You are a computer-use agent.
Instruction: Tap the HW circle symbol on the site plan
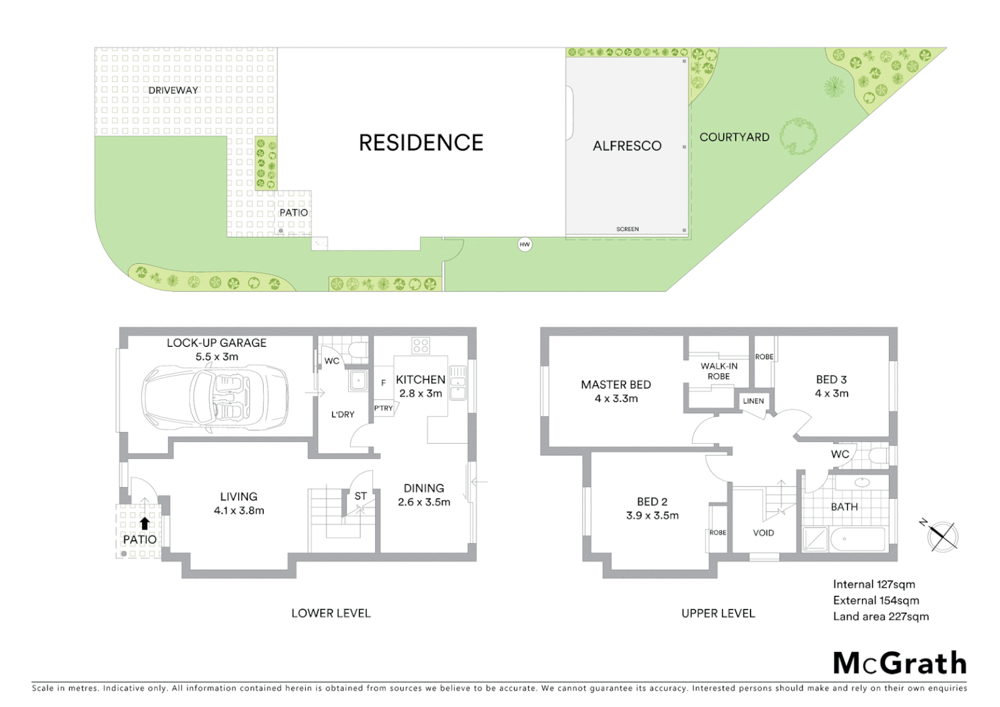pos(524,245)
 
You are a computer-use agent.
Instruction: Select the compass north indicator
pos(942,535)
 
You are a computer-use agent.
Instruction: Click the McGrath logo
pos(899,663)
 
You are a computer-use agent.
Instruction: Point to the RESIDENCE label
pos(421,143)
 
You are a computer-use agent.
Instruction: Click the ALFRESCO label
pos(627,146)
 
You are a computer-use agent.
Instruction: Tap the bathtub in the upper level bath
pos(857,539)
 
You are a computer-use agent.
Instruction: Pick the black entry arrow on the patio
pos(144,523)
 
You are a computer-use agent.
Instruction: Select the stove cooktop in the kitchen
pos(421,345)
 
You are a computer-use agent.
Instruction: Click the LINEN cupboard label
pos(753,401)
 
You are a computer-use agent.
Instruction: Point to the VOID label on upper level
pos(763,533)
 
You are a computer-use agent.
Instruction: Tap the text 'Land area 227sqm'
pos(880,616)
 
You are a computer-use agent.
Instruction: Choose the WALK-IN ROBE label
pos(719,371)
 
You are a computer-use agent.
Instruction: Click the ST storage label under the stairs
pos(360,496)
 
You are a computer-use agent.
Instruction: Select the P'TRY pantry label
pos(384,408)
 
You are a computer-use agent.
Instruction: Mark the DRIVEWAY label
pos(173,90)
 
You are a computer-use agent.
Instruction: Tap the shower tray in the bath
pos(815,539)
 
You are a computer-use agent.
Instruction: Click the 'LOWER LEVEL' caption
pos(330,613)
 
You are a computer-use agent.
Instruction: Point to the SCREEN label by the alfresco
pos(627,229)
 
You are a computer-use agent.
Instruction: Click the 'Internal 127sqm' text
pos(874,585)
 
